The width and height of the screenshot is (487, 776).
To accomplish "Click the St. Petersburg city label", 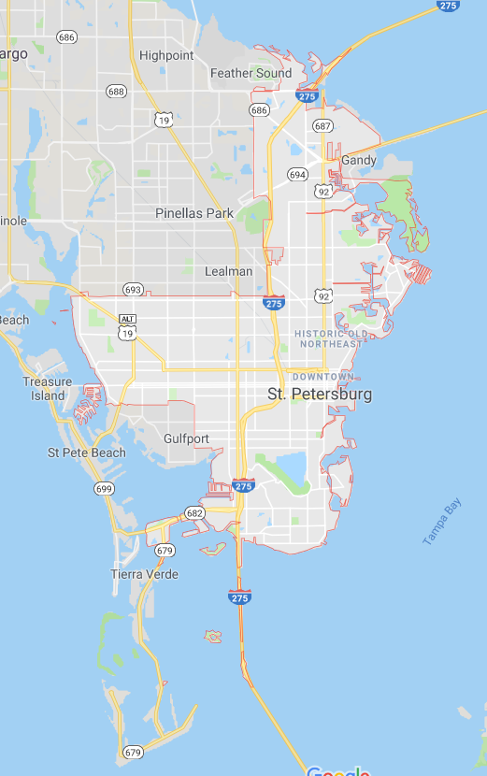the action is [x=320, y=395].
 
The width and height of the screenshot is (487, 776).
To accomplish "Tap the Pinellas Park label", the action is [x=194, y=213].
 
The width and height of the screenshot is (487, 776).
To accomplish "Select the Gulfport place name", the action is [x=186, y=438].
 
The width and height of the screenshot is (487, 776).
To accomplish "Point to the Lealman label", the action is [x=229, y=271].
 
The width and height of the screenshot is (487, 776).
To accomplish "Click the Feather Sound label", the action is [x=251, y=73].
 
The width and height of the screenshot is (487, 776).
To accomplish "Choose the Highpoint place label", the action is [x=166, y=55].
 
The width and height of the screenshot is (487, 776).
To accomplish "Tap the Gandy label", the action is [x=359, y=161].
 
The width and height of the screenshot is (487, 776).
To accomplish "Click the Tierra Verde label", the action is [x=144, y=574].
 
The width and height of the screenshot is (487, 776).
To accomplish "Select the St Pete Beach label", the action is [x=87, y=453].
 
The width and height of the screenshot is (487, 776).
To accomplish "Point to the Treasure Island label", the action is [x=47, y=388].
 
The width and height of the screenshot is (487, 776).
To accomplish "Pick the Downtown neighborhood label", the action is [x=323, y=376].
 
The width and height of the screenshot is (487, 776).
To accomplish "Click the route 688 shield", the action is [x=116, y=91].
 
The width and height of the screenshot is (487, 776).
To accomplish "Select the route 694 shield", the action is [x=297, y=175].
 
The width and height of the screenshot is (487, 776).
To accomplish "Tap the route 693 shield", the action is [x=133, y=290].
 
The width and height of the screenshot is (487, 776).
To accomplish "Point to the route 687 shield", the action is [x=323, y=125].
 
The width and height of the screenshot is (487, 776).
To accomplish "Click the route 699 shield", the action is [x=104, y=488].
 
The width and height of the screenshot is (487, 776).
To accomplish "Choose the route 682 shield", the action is [x=194, y=513].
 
